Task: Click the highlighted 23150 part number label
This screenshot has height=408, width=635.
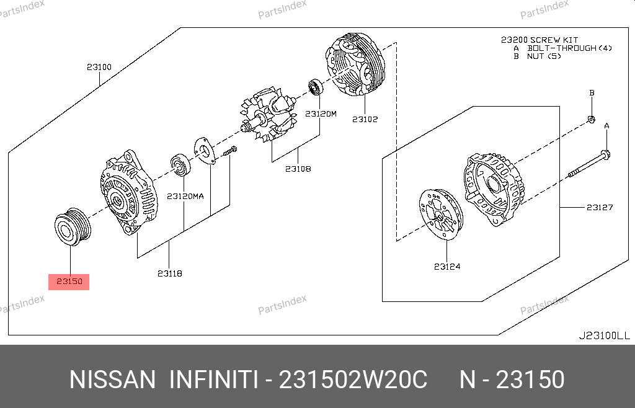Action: point(69,282)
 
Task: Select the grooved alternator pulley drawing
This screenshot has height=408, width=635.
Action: point(73,227)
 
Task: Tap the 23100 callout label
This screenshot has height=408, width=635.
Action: point(99,67)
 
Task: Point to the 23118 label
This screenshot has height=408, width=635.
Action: point(170,273)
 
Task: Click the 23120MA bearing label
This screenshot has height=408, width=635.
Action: point(185,197)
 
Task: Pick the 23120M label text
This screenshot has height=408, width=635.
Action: point(321,113)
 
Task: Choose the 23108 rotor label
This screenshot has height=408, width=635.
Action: point(298,169)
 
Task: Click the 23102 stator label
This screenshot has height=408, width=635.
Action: point(365,119)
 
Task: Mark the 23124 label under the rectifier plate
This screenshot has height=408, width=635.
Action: point(447,267)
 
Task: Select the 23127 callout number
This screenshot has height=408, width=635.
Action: point(600,207)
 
